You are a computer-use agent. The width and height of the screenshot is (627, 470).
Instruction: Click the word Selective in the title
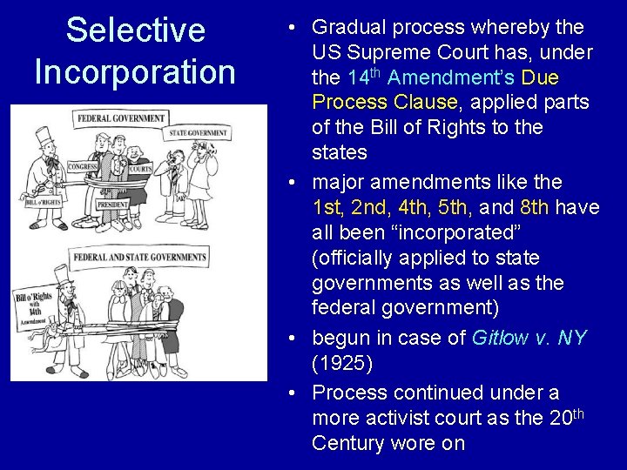(135, 30)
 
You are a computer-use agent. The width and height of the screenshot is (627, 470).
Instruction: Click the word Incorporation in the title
(135, 71)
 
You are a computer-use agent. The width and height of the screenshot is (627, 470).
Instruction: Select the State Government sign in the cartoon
(199, 133)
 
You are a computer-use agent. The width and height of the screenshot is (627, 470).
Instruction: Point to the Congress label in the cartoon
(83, 165)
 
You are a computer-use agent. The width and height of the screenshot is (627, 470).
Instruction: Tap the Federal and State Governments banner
(139, 257)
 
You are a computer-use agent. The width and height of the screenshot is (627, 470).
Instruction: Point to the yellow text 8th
(534, 207)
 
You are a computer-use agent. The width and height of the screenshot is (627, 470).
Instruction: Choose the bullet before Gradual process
(296, 28)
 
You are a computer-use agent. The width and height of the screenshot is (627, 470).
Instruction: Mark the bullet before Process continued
(296, 393)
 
